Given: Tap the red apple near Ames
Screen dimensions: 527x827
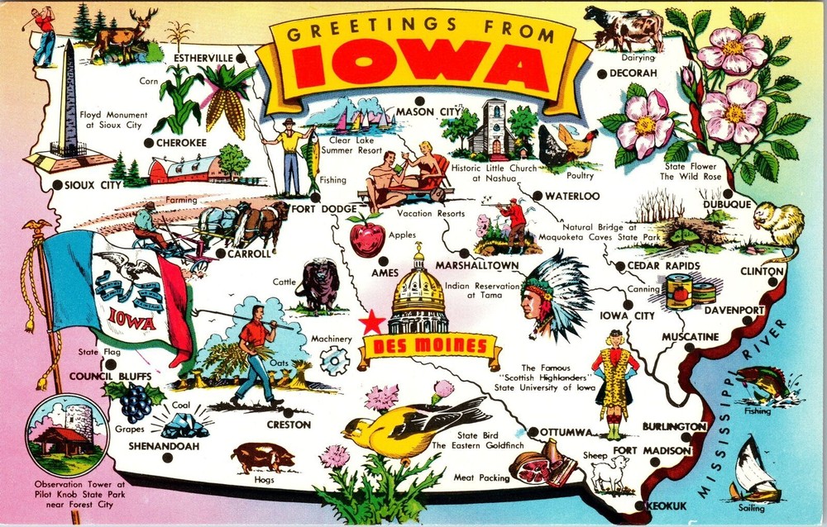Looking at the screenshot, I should coord(366,237).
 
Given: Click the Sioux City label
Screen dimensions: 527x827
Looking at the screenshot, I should coord(86,185).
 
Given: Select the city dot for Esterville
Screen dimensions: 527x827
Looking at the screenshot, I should coord(238,59).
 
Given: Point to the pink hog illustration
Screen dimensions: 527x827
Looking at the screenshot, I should coord(262,456).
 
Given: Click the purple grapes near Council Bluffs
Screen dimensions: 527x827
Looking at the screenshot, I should coord(136,402).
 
